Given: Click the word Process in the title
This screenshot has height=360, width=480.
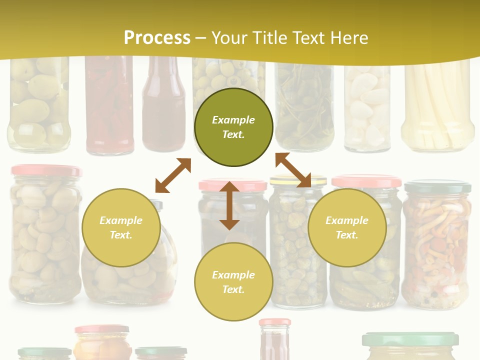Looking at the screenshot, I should [157, 37].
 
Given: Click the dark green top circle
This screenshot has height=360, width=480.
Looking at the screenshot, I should [233, 127].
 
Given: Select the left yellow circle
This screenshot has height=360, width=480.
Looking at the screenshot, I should [121, 227].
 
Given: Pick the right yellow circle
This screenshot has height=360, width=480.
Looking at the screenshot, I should [347, 227].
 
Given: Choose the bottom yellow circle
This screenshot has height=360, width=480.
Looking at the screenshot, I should [233, 282].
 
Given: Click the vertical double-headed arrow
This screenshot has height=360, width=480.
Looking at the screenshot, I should [229, 205].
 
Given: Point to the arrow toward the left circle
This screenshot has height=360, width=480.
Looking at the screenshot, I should [173, 175].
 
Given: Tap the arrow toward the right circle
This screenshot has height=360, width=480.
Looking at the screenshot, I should [293, 170].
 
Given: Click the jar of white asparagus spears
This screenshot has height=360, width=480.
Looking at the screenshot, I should [437, 107].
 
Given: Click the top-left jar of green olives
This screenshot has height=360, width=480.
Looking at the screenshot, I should [38, 105].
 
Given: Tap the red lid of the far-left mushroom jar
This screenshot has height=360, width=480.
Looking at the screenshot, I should [46, 170].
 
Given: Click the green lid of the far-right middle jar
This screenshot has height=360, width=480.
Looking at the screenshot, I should [437, 187].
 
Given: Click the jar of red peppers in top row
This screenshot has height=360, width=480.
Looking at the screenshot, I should [109, 105].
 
